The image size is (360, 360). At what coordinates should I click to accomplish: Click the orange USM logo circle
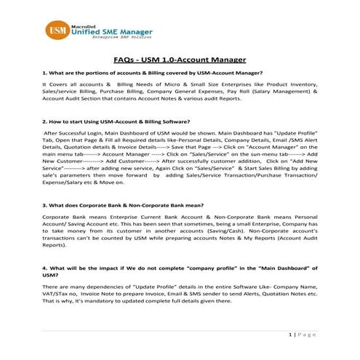click(x=55, y=33)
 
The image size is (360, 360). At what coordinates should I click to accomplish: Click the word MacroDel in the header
click(x=84, y=24)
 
